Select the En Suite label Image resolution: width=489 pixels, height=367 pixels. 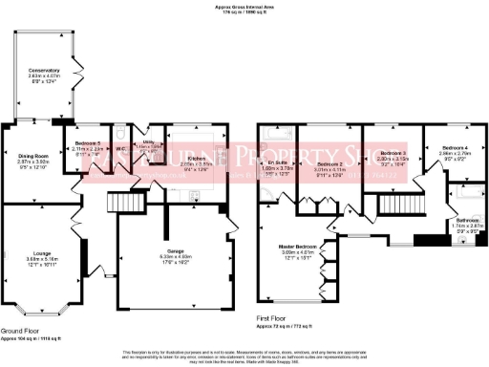click(275, 164)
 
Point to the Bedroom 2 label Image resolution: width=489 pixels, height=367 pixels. click(330, 164)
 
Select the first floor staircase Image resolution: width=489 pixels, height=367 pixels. click(393, 204)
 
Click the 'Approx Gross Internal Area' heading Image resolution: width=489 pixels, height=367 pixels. click(244, 7)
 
